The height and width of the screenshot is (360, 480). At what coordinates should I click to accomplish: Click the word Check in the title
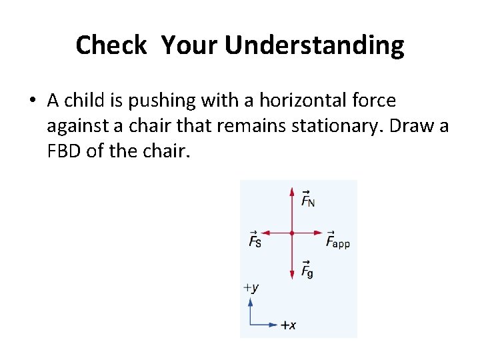point(111,45)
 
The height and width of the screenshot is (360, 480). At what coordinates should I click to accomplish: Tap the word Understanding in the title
point(314,45)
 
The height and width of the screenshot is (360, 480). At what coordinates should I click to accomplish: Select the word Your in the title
point(190,45)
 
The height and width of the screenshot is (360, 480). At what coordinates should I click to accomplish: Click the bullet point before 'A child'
point(32,101)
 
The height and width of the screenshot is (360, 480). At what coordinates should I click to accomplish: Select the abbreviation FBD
point(65,151)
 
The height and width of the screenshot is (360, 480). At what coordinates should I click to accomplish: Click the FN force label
point(307,199)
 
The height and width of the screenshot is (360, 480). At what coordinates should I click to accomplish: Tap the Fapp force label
point(337,239)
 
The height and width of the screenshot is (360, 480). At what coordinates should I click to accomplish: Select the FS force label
point(254,239)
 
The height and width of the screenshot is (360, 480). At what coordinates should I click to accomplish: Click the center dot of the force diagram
point(292,233)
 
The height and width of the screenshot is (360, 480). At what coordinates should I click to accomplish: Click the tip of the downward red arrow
point(292,277)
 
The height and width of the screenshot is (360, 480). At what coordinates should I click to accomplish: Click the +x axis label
point(288,325)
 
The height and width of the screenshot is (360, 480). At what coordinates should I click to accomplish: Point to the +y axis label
point(251,288)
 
